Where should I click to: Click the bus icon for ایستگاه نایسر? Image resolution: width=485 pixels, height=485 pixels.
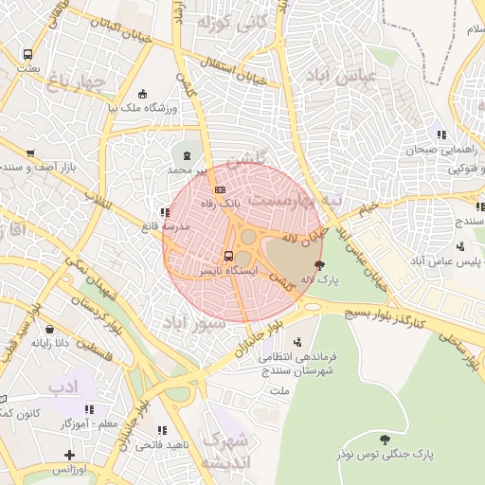click(228, 256)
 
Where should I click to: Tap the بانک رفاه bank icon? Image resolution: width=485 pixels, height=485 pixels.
click(221, 189)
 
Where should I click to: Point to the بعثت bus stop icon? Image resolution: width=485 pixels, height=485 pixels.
click(27, 55)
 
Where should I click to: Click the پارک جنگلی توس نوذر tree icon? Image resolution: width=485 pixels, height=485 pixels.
click(385, 440)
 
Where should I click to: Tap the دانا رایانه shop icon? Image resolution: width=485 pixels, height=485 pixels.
click(49, 330)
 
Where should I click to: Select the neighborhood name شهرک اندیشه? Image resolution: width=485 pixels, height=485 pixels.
click(227, 450)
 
